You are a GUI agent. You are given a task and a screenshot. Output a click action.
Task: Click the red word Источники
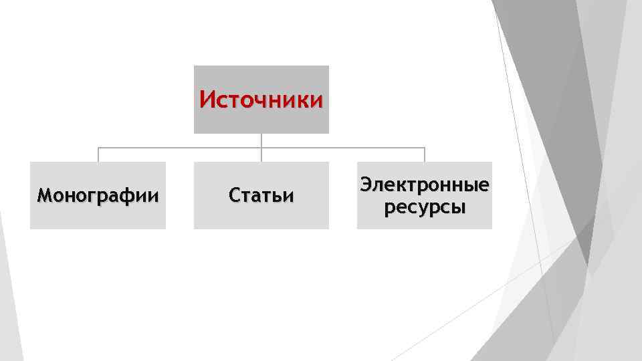(x=261, y=100)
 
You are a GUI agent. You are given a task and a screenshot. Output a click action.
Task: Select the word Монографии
(x=98, y=196)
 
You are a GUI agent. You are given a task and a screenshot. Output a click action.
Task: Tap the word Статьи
(x=261, y=196)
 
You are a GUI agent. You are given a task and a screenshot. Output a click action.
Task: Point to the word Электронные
(x=424, y=185)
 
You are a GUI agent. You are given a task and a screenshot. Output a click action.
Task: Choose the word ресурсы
(x=424, y=207)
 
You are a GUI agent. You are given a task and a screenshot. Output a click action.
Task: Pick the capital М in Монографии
(x=44, y=196)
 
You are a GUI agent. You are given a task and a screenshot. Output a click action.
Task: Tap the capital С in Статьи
(x=234, y=196)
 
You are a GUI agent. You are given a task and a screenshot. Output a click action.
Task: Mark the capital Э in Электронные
(x=366, y=185)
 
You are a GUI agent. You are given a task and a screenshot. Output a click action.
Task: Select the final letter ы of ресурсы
(x=459, y=208)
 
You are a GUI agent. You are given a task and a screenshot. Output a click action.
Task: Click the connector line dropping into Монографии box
(x=98, y=154)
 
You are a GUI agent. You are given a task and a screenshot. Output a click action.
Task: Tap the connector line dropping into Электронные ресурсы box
(x=424, y=154)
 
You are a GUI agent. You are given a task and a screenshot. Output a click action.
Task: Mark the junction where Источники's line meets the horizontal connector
(x=261, y=147)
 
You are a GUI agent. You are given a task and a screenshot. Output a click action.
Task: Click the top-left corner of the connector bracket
(x=98, y=147)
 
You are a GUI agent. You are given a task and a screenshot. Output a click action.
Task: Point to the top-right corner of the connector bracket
(x=424, y=147)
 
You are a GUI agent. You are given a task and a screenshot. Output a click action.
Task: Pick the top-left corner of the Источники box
(x=194, y=66)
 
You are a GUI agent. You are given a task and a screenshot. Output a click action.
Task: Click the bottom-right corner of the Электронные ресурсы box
(x=492, y=229)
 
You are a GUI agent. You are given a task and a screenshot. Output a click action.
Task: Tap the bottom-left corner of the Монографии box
(x=31, y=229)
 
